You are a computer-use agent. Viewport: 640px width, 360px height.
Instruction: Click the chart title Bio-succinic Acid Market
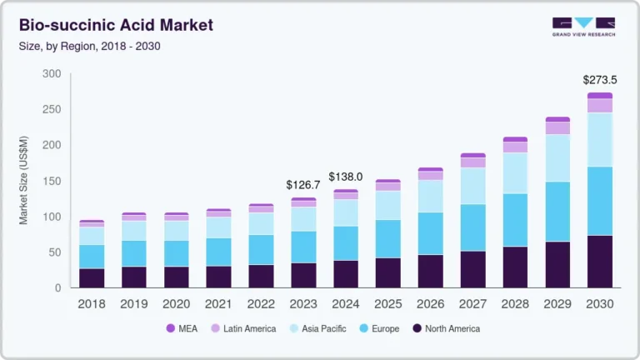tap(116, 25)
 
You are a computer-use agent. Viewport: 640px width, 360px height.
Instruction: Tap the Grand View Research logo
tap(583, 27)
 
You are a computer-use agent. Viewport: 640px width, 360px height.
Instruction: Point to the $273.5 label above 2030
tap(600, 81)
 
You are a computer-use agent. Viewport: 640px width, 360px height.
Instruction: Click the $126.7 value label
tap(303, 184)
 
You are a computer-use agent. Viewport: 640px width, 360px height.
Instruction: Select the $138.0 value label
tap(346, 177)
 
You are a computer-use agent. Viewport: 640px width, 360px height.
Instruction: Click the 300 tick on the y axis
tap(52, 74)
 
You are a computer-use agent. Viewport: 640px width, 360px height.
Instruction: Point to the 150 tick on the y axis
tap(52, 181)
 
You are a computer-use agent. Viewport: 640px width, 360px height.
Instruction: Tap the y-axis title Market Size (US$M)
tap(24, 181)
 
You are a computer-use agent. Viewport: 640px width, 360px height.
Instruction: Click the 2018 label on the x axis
tap(92, 304)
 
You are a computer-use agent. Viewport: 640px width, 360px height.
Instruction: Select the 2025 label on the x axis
tap(388, 304)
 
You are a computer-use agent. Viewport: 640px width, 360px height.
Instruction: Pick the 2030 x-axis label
tap(600, 304)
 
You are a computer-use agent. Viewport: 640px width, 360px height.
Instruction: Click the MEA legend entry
tap(182, 328)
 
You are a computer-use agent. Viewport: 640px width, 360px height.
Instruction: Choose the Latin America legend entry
tap(242, 328)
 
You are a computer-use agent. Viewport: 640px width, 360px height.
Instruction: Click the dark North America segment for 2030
tap(600, 262)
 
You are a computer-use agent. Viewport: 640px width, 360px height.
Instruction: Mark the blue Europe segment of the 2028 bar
tap(515, 220)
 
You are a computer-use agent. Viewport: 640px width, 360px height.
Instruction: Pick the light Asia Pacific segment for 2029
tap(557, 158)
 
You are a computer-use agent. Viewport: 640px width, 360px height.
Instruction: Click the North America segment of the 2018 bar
tap(92, 278)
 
